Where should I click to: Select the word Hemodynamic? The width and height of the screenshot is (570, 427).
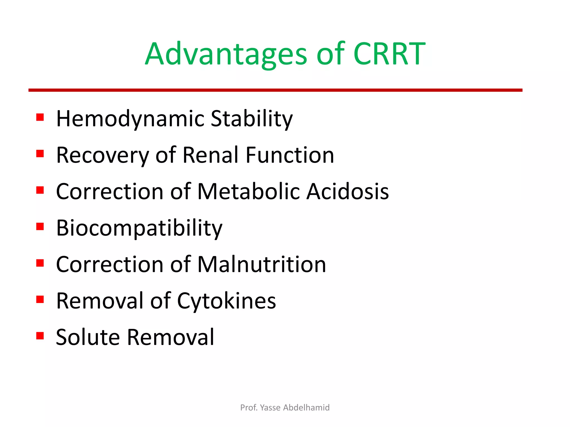(x=131, y=119)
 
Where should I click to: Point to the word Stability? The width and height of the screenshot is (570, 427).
(x=252, y=119)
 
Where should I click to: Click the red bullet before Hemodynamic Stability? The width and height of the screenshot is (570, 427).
(x=40, y=117)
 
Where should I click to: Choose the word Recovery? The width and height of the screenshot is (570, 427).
(x=103, y=155)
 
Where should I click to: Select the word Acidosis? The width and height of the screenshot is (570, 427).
(x=348, y=192)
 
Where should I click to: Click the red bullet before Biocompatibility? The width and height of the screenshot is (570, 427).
(x=40, y=227)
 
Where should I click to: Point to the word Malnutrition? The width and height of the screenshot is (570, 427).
(x=262, y=265)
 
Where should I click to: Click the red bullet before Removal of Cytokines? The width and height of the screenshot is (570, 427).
(x=40, y=299)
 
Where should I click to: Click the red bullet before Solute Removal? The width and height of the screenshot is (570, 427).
(x=40, y=336)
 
